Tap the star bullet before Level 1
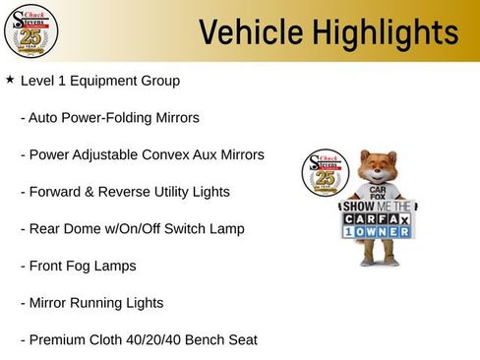click(x=10, y=79)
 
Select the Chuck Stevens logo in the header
click(x=30, y=32)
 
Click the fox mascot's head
click(x=377, y=167)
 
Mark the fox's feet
click(x=379, y=262)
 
